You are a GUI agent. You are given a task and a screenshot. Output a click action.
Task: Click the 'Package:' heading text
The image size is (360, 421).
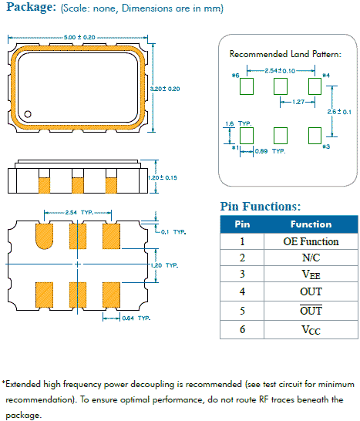(29, 8)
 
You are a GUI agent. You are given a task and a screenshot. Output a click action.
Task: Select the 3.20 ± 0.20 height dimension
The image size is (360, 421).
(168, 89)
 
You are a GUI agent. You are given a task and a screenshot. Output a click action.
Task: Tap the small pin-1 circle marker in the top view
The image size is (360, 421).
(28, 115)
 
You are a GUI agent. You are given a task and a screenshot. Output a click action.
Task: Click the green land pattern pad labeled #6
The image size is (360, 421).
(247, 86)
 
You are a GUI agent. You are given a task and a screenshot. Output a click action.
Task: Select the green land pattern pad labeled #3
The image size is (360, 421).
(315, 136)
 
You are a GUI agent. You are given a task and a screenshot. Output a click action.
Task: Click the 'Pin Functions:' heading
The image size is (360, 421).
(260, 207)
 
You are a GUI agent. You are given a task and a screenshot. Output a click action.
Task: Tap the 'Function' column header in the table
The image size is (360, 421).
(311, 224)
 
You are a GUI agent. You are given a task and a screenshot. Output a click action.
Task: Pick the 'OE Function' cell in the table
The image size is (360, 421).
(311, 241)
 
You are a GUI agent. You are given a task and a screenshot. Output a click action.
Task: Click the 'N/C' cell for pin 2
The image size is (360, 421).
(311, 258)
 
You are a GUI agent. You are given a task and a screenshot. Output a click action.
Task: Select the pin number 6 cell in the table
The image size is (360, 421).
(241, 329)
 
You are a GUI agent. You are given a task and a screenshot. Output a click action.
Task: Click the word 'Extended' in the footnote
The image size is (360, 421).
(27, 384)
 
